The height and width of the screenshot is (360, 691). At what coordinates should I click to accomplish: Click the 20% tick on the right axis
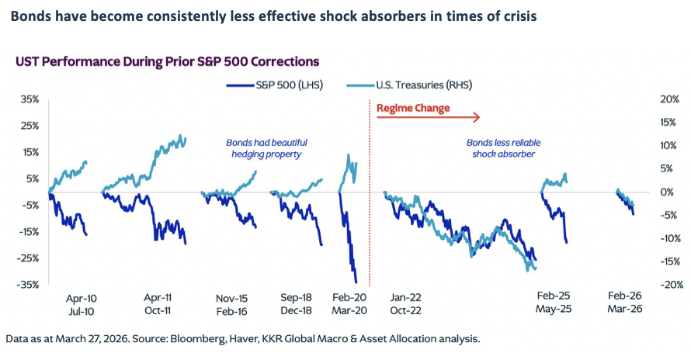point(648,100)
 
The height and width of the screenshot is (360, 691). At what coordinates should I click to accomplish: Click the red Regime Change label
point(413,108)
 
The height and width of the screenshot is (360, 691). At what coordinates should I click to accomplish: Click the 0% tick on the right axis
point(648,192)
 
